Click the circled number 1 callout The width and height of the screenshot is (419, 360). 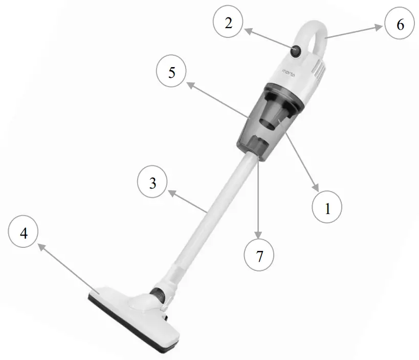pos(327,208)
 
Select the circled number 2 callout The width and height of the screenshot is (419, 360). pos(228,23)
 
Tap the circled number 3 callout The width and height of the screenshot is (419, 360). pos(153,183)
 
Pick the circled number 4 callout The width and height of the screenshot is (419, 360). pos(24,233)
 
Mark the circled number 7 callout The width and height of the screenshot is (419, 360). pos(259,255)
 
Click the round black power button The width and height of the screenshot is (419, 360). pos(296,51)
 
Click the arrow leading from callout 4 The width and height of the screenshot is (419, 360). pos(67,266)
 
